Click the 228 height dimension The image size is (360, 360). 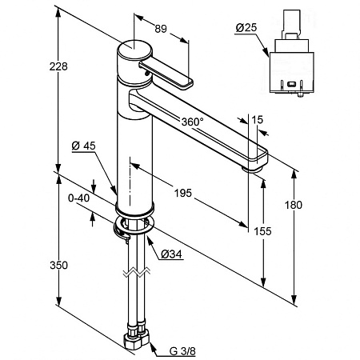click(58, 66)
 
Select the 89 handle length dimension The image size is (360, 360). click(161, 29)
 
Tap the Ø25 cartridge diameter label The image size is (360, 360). click(246, 27)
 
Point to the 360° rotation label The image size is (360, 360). click(192, 122)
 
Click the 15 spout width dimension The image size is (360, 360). click(258, 120)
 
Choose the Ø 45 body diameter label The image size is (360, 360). click(83, 146)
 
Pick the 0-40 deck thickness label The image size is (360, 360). click(79, 198)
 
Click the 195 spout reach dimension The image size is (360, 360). click(183, 193)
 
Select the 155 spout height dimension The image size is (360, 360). click(262, 231)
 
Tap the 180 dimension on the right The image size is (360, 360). click(294, 205)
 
